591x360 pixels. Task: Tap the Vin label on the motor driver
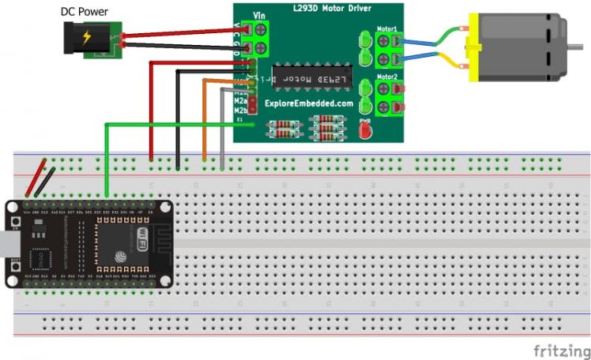pos(258,15)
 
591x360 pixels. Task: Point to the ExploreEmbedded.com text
pos(309,103)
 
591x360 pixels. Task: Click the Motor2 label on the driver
pos(387,77)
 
